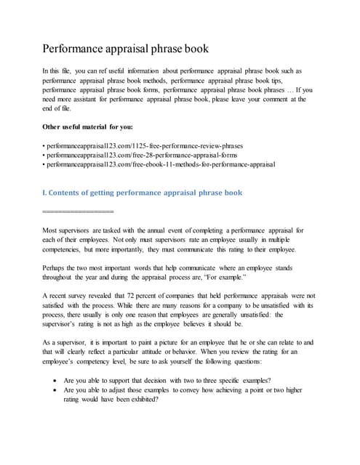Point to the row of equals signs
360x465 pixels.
pos(78,211)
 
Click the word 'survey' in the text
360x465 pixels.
pos(84,296)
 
